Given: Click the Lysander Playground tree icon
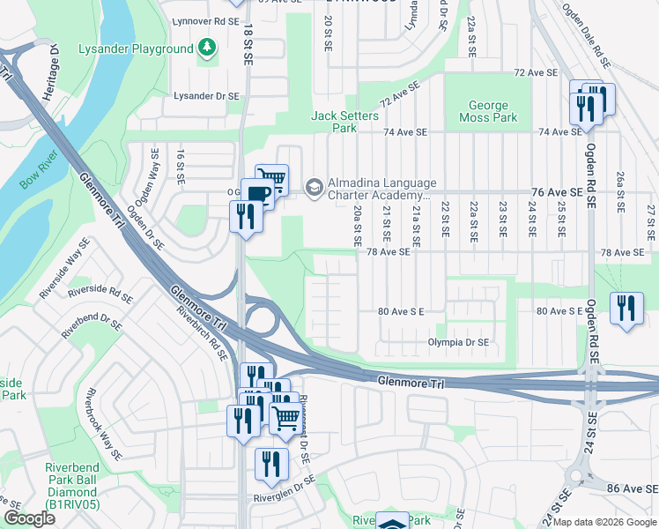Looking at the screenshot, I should (x=207, y=48).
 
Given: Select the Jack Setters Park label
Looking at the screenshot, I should (x=345, y=122).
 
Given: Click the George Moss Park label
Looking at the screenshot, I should (x=488, y=111).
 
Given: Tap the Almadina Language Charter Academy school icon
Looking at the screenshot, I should (x=313, y=186).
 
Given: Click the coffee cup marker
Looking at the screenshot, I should (x=256, y=194).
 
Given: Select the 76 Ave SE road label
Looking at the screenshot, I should (x=556, y=191).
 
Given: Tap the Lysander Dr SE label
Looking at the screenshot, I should (x=206, y=95).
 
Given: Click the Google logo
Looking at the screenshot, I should (x=29, y=518).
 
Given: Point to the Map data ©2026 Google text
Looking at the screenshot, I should (x=604, y=522).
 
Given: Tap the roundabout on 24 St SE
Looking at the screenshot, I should (x=575, y=476).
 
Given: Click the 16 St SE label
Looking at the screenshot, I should (x=180, y=166).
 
